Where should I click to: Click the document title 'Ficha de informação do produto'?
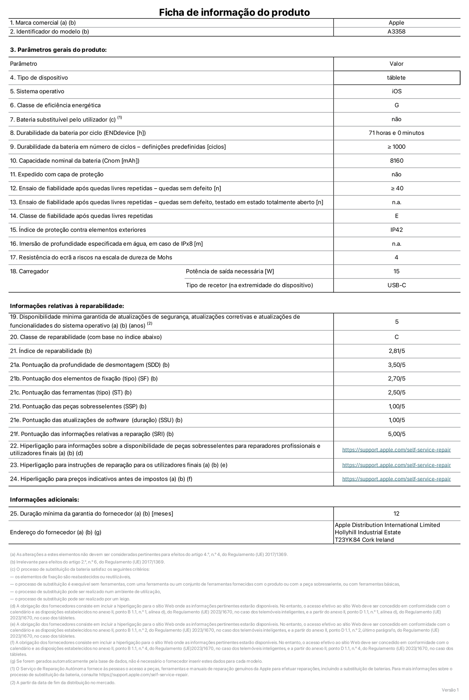point(234,12)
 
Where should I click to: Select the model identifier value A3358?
point(396,31)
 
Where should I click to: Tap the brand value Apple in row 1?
point(396,23)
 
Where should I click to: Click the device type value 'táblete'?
point(396,78)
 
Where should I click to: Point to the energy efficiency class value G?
point(396,105)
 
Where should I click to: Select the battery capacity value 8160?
point(396,161)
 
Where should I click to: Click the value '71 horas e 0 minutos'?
point(396,133)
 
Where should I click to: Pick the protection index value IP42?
point(396,230)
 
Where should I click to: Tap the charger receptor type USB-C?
point(396,285)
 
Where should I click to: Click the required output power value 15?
point(396,271)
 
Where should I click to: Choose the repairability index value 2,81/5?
point(396,351)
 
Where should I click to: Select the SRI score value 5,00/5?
point(396,434)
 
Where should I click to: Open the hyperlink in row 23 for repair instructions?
point(396,465)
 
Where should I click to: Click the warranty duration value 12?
point(396,514)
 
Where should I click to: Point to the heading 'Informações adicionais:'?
point(44,500)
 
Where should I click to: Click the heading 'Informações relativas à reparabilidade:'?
point(67,306)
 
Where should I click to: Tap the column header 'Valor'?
point(396,64)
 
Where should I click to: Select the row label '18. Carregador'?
point(29,271)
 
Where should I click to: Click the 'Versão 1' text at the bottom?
point(450,690)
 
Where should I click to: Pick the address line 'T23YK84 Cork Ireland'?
point(364,540)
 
